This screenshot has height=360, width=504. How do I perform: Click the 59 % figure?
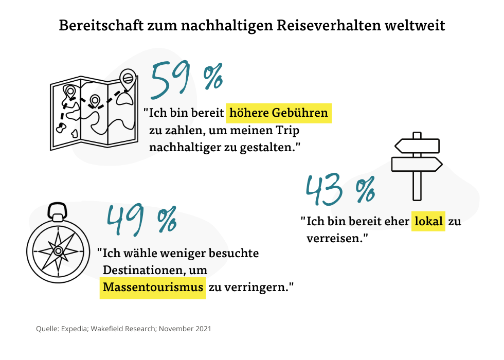[186, 80]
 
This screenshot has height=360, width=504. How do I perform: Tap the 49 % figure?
[141, 219]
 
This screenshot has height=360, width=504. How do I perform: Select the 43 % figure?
[339, 190]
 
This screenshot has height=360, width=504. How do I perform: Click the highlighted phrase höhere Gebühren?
[279, 113]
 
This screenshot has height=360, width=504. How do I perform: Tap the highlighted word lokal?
[427, 222]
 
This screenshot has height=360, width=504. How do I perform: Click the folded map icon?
[93, 113]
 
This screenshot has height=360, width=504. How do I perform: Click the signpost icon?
[417, 165]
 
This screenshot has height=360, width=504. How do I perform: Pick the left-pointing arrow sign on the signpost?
[417, 146]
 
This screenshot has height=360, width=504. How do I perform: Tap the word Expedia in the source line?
[74, 328]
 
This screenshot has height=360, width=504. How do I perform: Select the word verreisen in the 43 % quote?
[335, 239]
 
